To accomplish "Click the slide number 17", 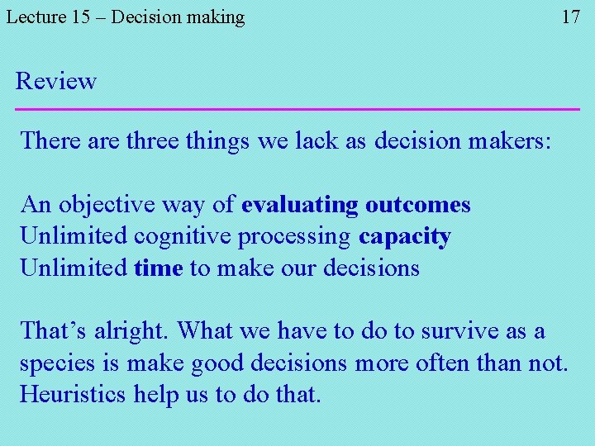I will click(x=571, y=17).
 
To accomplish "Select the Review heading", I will click(x=56, y=81).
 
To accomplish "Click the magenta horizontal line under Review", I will click(x=297, y=109).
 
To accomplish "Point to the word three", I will click(x=153, y=140).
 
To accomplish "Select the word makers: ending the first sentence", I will click(x=507, y=140).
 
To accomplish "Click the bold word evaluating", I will click(x=300, y=204).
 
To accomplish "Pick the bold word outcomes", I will click(x=418, y=204).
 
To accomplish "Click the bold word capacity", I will click(x=405, y=237).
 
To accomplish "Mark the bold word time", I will click(x=158, y=268).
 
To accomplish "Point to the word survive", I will click(x=459, y=331).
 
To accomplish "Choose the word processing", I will click(x=294, y=237).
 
